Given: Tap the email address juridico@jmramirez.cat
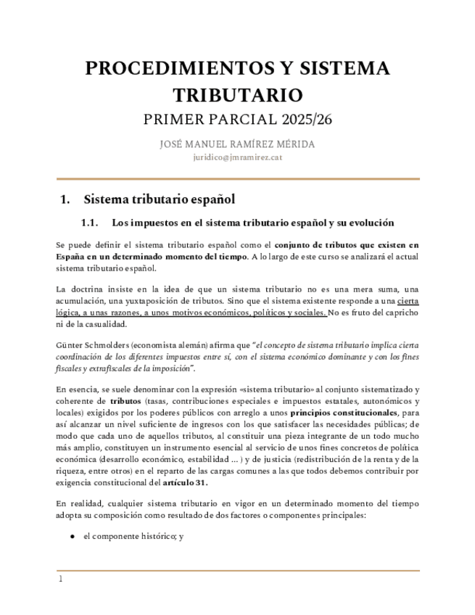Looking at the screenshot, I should coord(237,157).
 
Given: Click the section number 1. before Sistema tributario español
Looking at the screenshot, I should coord(65,199).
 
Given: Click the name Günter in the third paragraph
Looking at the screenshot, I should coord(70,345).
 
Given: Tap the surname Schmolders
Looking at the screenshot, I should coord(111,345).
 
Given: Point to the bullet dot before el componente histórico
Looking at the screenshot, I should coord(73,536).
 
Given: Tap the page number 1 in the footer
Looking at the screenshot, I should coord(61,579).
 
